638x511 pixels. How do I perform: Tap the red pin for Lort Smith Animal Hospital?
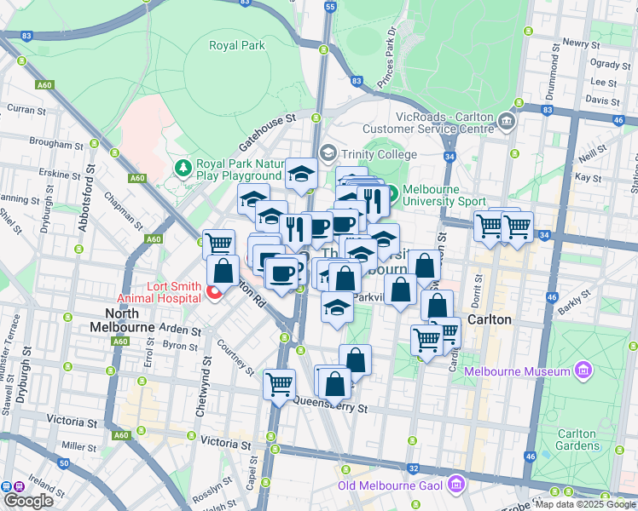pyautogui.click(x=214, y=294)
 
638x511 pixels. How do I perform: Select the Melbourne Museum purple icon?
pyautogui.click(x=583, y=370)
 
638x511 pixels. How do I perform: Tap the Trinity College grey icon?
pyautogui.click(x=327, y=153)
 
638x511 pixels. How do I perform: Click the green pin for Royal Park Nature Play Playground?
pyautogui.click(x=183, y=164)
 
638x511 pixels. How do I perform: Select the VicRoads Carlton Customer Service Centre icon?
pyautogui.click(x=508, y=120)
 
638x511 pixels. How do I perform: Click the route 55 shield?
pyautogui.click(x=330, y=7)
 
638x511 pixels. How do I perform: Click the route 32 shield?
pyautogui.click(x=413, y=467)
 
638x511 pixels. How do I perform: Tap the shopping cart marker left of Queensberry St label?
pyautogui.click(x=279, y=383)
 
